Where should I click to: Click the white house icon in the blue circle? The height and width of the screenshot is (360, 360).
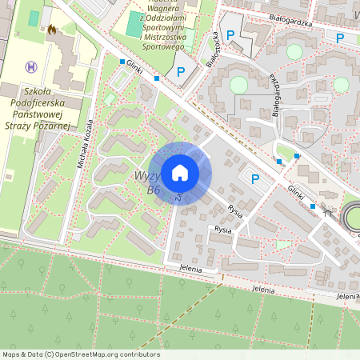pyautogui.click(x=180, y=173)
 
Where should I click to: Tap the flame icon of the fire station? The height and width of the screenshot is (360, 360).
pyautogui.click(x=52, y=30)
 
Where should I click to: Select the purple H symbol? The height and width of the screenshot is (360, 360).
pyautogui.click(x=31, y=67)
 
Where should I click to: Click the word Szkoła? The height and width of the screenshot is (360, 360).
pyautogui.click(x=44, y=92)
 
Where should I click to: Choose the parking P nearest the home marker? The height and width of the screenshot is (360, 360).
pyautogui.click(x=255, y=178)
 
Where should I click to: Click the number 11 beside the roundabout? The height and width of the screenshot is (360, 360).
pyautogui.click(x=326, y=213)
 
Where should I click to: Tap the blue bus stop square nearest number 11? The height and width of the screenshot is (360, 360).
pyautogui.click(x=312, y=206)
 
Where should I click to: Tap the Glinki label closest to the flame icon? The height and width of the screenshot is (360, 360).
pyautogui.click(x=134, y=70)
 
